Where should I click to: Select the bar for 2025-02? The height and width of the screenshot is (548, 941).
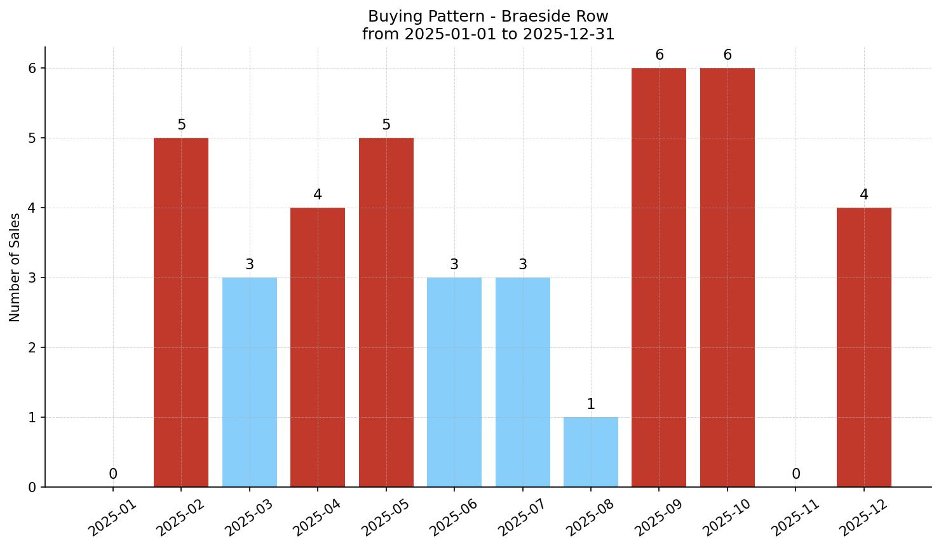coord(181,312)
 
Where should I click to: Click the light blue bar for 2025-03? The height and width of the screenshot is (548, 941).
coord(250,382)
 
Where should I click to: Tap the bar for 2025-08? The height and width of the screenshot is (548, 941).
coord(591,452)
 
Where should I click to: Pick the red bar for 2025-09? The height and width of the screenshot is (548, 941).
coord(659,277)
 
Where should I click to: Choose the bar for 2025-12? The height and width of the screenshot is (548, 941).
coord(864,347)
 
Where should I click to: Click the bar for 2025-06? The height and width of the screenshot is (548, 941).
coord(454,382)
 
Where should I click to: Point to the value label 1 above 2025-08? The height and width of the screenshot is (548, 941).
coord(591,404)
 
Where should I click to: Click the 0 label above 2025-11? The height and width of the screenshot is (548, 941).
coord(795,474)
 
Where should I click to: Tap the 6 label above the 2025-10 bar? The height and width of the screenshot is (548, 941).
coord(728,55)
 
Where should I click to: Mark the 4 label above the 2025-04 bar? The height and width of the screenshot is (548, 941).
coord(318,195)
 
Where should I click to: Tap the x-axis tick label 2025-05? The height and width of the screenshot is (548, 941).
coord(386,518)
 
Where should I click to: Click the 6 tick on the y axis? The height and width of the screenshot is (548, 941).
coord(32,68)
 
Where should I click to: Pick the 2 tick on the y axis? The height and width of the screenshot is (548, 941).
coord(32,347)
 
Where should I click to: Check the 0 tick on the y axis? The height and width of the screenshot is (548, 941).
coord(32,487)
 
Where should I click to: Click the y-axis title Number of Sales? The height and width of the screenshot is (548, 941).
coord(15,267)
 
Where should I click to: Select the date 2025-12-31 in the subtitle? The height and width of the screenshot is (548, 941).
coord(569,34)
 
